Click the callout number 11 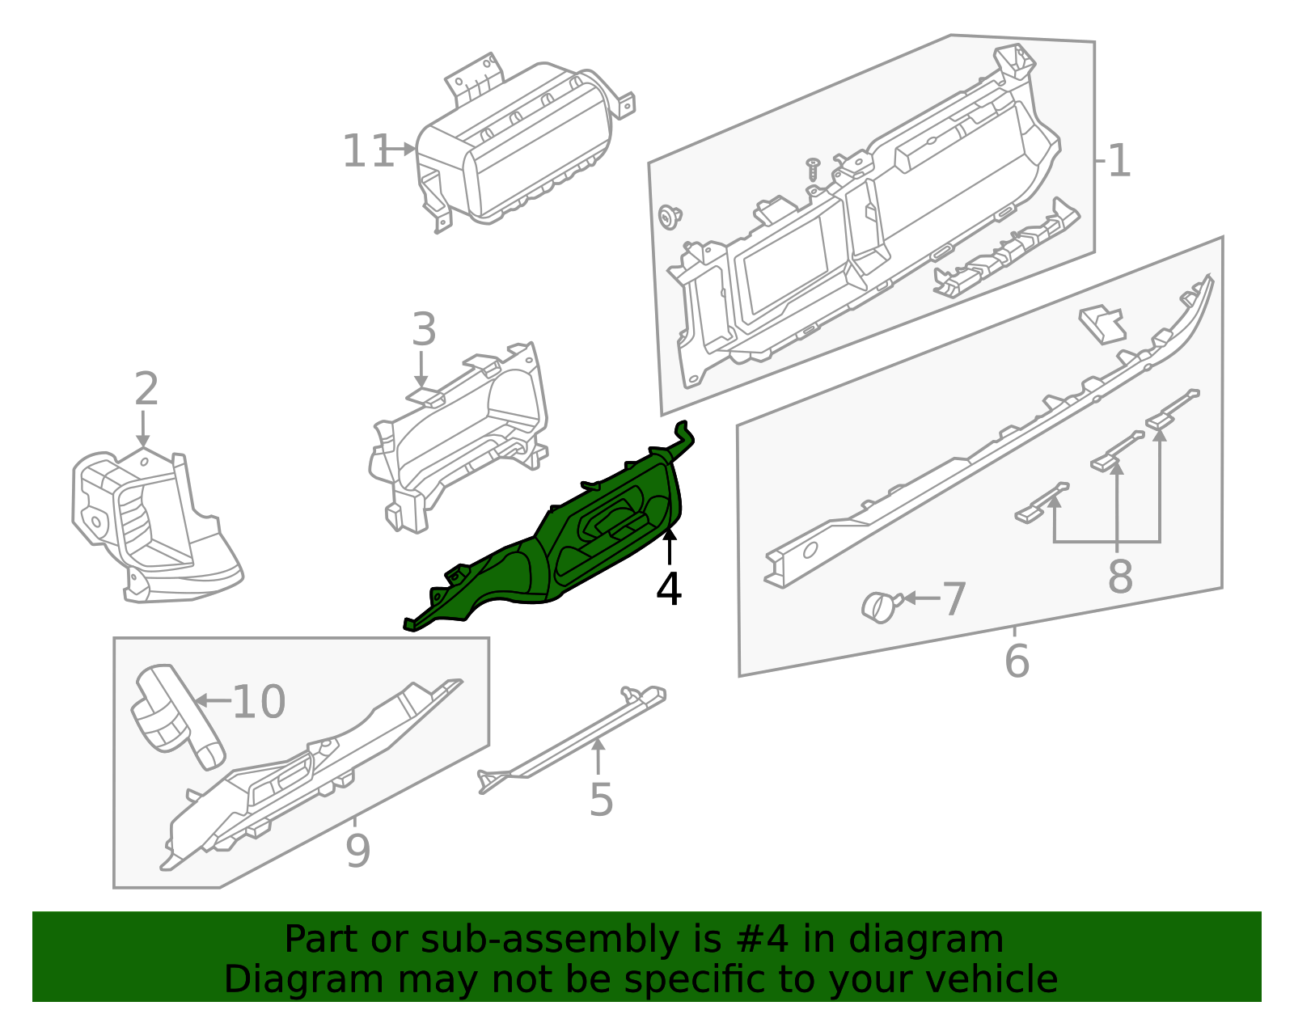(x=368, y=151)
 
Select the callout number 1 (x=1119, y=161)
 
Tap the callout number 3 (x=424, y=330)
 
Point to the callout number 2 (x=146, y=390)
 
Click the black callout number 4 (x=669, y=590)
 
